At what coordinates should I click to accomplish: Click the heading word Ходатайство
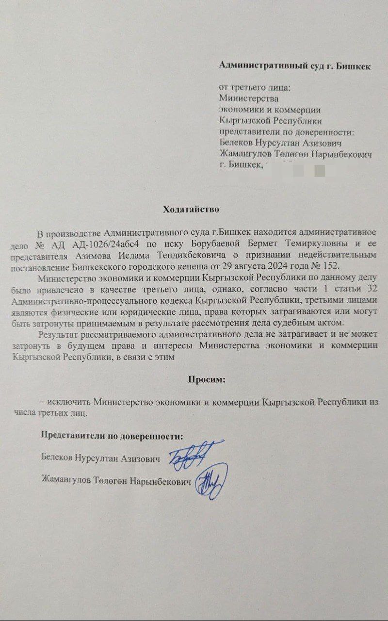point(191,210)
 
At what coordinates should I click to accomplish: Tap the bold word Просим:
point(207,379)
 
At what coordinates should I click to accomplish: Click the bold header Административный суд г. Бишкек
point(295,65)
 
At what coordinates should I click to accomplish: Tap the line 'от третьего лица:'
point(255,89)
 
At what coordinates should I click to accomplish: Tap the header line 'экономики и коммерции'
point(270,111)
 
